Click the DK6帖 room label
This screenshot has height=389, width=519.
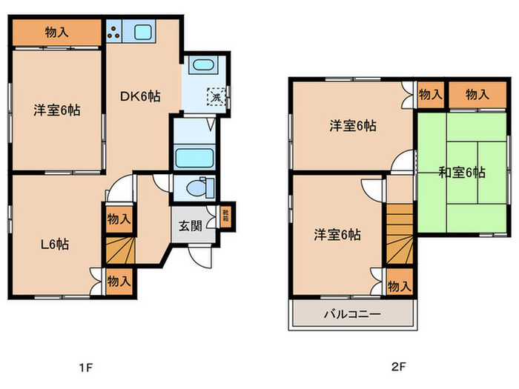click(x=141, y=96)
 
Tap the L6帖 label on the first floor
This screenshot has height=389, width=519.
click(x=54, y=243)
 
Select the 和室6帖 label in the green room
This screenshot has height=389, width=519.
click(x=461, y=173)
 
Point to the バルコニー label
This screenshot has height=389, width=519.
click(x=352, y=314)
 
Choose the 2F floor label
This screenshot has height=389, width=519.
click(x=400, y=367)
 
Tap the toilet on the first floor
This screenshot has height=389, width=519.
click(x=199, y=187)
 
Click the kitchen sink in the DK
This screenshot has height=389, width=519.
click(x=142, y=32)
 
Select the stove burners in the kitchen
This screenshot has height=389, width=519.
click(x=115, y=32)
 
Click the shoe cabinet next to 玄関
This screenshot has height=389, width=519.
click(x=225, y=216)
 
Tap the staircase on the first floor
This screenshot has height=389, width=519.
click(x=119, y=250)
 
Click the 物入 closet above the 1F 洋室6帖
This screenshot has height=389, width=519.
click(x=56, y=32)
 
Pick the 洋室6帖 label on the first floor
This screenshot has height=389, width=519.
click(x=56, y=110)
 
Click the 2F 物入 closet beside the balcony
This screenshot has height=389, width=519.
click(x=398, y=286)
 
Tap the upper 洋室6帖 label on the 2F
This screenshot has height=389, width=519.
click(x=353, y=126)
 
